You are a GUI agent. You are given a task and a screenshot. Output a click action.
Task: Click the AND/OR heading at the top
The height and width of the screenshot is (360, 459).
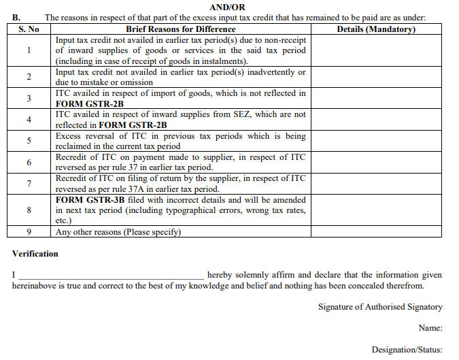pyautogui.click(x=228, y=7)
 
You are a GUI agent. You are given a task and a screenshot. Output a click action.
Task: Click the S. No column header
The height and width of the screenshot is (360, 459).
pyautogui.click(x=29, y=29)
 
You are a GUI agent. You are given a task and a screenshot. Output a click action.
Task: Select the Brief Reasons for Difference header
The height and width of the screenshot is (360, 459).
pyautogui.click(x=181, y=29)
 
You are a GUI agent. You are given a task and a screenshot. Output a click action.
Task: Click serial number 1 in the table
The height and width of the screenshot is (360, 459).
pyautogui.click(x=29, y=50)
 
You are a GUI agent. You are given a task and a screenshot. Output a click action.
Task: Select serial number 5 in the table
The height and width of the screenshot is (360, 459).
pyautogui.click(x=29, y=141)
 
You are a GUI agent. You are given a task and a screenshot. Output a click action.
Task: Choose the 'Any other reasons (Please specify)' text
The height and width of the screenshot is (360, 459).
pyautogui.click(x=118, y=231)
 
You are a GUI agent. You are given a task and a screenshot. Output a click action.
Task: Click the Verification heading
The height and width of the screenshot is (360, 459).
pyautogui.click(x=35, y=254)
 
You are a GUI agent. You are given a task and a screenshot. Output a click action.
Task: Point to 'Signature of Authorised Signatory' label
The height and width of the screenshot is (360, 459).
pyautogui.click(x=380, y=307)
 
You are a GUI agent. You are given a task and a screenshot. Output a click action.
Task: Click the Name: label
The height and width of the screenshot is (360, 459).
pyautogui.click(x=431, y=328)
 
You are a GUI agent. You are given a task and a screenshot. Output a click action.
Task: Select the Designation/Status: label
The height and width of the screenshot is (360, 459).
pyautogui.click(x=407, y=349)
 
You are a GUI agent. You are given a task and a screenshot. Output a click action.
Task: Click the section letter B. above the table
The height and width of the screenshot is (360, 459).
pyautogui.click(x=16, y=18)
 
